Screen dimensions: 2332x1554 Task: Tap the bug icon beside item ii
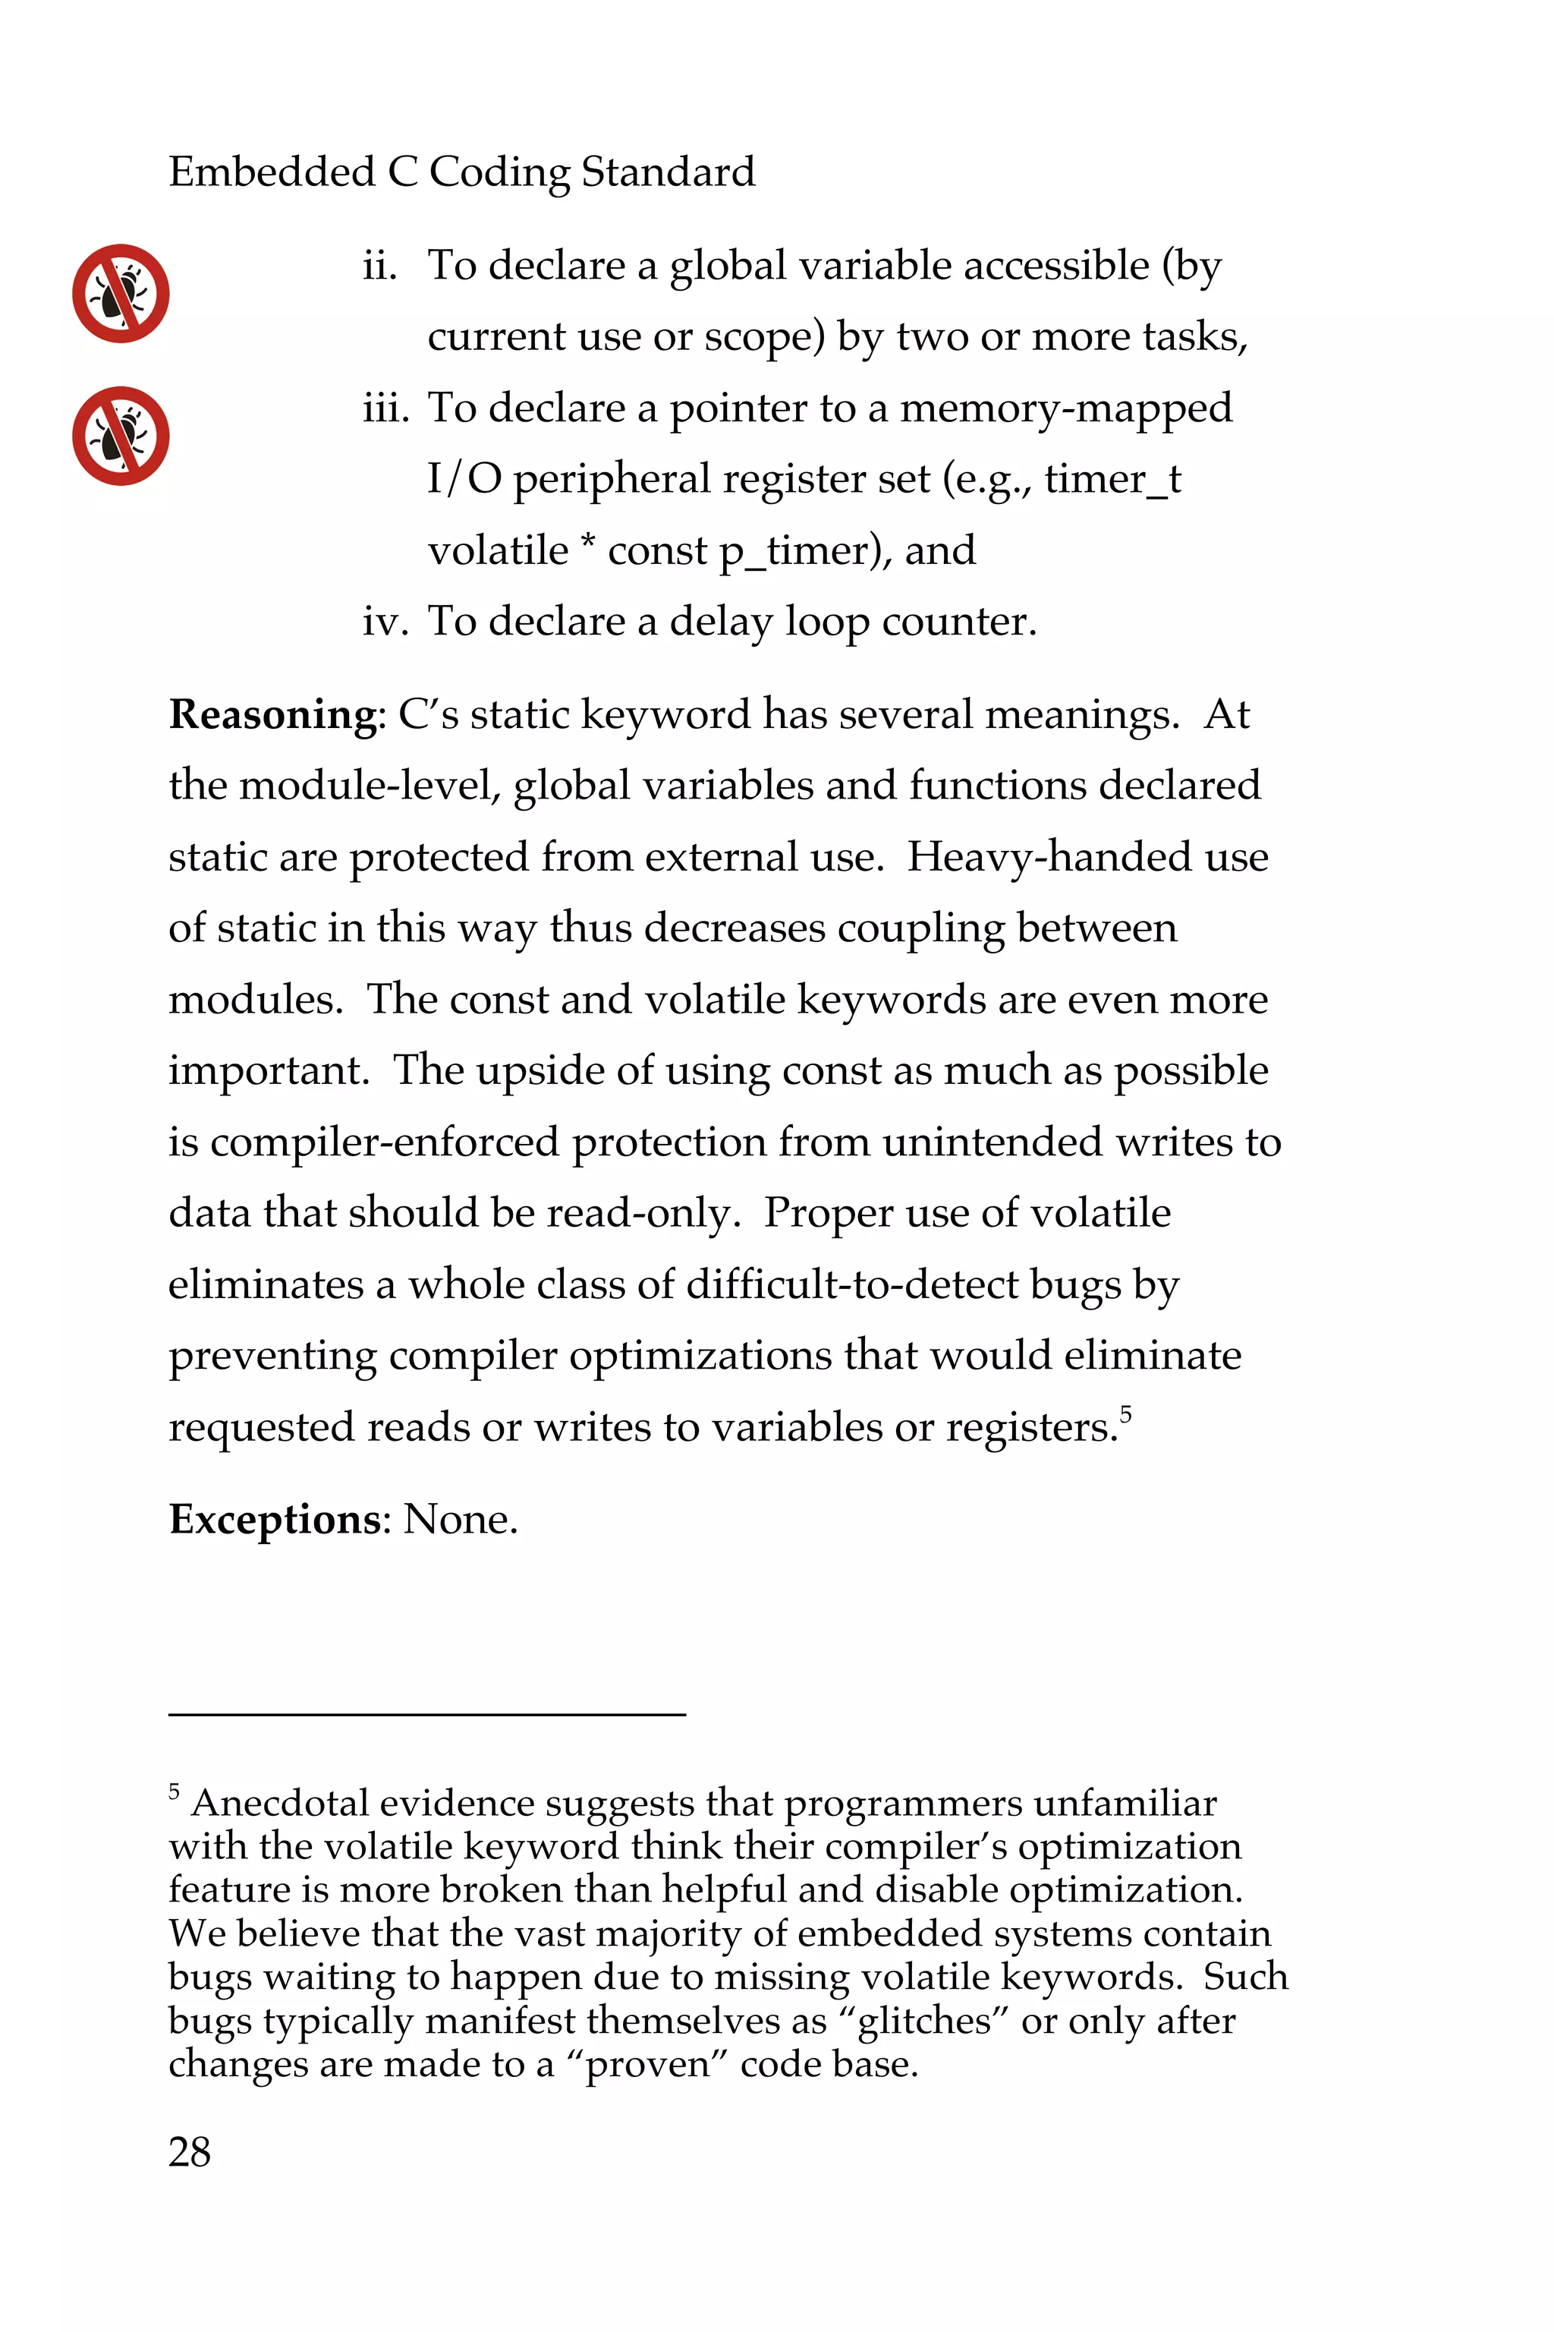pyautogui.click(x=121, y=294)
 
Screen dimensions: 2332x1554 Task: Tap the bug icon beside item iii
pyautogui.click(x=121, y=436)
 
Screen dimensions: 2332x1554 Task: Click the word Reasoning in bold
pyautogui.click(x=272, y=715)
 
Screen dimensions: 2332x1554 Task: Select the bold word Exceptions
pyautogui.click(x=275, y=1520)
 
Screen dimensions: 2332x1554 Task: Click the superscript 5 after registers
pyautogui.click(x=1126, y=1413)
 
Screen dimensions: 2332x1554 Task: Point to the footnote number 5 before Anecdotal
pyautogui.click(x=175, y=1792)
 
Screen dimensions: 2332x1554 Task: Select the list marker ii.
pyautogui.click(x=379, y=266)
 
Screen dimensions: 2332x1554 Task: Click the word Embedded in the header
pyautogui.click(x=272, y=172)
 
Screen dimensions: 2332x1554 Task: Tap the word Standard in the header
pyautogui.click(x=667, y=172)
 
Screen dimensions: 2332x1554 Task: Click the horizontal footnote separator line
pyautogui.click(x=426, y=1713)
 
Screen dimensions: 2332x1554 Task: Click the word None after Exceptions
pyautogui.click(x=460, y=1520)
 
